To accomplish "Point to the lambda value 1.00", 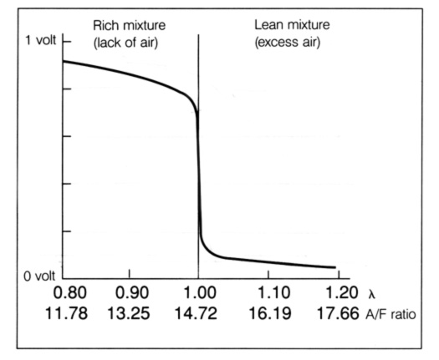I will point(198,296).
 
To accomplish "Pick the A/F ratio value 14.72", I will point(198,317).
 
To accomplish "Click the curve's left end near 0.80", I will point(65,61).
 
